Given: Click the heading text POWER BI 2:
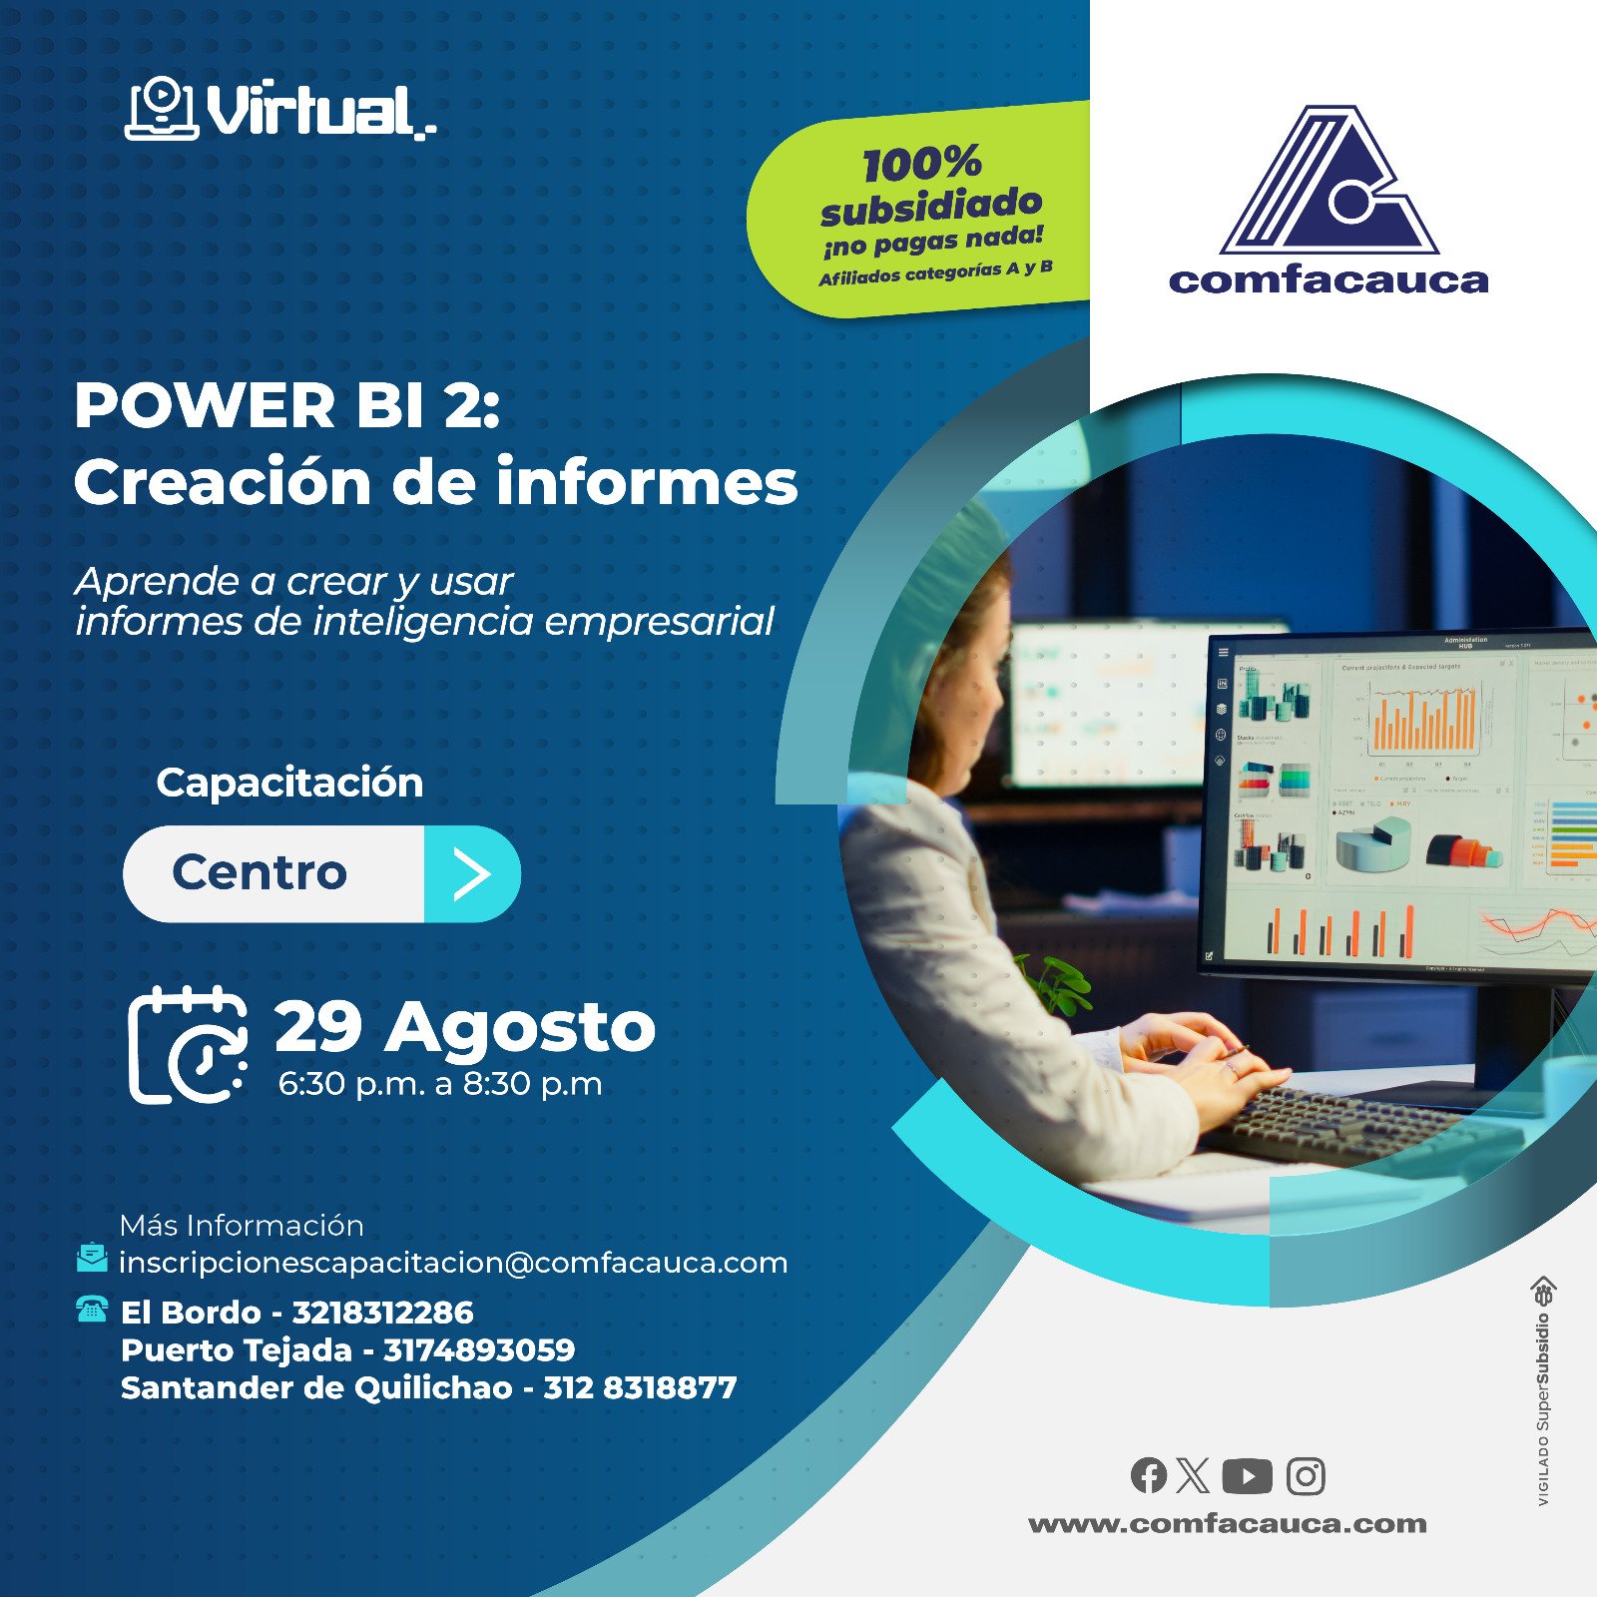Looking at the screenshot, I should (287, 406).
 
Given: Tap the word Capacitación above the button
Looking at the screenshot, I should (289, 783).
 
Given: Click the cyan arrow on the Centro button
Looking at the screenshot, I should (472, 873).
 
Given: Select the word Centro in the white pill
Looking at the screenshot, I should (260, 873).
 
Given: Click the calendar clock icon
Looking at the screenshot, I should (189, 1045).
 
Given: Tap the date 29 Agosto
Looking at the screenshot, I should (464, 1027).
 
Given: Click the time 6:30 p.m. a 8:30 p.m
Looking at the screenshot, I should (440, 1084).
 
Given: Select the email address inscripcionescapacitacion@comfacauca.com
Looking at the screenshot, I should (453, 1263).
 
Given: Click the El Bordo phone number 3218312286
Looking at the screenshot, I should (382, 1313).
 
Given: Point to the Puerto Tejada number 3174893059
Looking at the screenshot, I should (479, 1350).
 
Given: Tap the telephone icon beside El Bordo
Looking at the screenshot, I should (92, 1309).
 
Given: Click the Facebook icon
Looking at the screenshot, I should (1148, 1475).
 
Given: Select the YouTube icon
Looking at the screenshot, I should (1247, 1475).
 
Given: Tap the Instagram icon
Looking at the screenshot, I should (1306, 1475).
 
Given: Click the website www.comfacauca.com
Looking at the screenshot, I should (1228, 1524).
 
